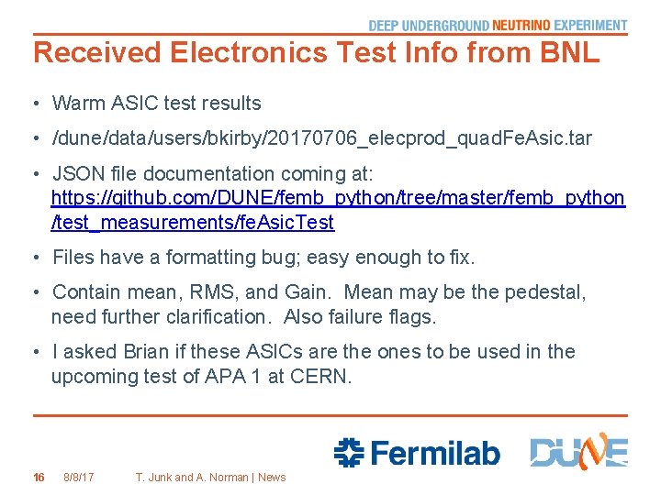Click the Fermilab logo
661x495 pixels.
[x=417, y=452]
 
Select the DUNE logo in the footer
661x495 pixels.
[x=578, y=452]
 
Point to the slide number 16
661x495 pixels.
[x=39, y=477]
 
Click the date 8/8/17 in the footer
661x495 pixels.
[x=79, y=477]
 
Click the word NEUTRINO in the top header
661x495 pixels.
[x=521, y=26]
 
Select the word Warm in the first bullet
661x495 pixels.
[x=78, y=104]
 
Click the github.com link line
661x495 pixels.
[x=338, y=198]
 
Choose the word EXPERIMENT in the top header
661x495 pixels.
[x=591, y=26]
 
